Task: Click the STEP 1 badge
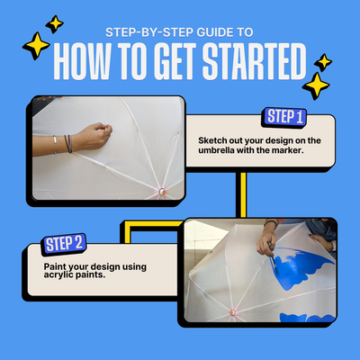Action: [284, 117]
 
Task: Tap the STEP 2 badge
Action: [64, 244]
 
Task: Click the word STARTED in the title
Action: [255, 61]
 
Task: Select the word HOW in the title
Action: [82, 61]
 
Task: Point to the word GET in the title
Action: [175, 61]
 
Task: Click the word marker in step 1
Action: [288, 150]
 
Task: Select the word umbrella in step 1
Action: [216, 150]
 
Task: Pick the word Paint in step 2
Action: [55, 266]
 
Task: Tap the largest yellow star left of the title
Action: [36, 46]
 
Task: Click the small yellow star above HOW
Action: [55, 24]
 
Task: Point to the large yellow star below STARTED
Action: [316, 86]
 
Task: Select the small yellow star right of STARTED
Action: [323, 62]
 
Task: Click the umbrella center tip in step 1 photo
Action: [162, 192]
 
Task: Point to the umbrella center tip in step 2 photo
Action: [232, 312]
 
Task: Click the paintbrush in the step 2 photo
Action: [273, 257]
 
